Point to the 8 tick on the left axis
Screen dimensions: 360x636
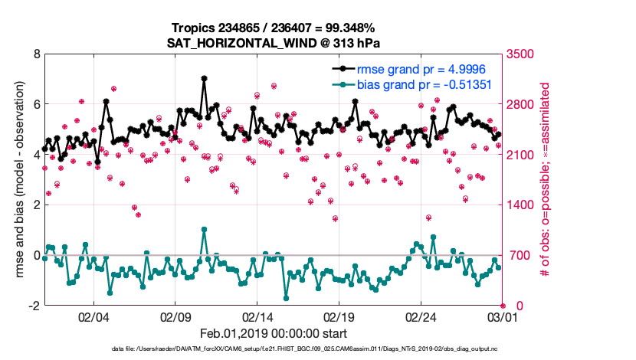(36, 54)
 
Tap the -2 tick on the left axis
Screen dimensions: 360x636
(34, 306)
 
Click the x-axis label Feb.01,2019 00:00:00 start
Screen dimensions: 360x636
(274, 333)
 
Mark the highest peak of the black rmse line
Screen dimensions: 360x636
(204, 78)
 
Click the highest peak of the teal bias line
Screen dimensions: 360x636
(204, 229)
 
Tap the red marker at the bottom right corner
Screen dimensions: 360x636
(503, 306)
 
